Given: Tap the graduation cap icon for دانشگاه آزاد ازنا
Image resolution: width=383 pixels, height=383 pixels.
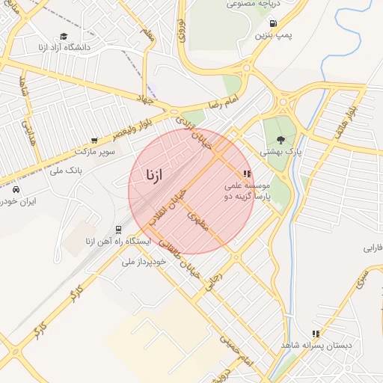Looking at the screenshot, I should [x=64, y=36].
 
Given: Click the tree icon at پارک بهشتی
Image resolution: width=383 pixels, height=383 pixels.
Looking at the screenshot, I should [x=281, y=139].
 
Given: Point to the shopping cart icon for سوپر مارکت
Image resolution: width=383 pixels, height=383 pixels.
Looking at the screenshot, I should [x=94, y=140].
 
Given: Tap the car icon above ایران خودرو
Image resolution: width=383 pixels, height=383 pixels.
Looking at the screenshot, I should [x=16, y=189].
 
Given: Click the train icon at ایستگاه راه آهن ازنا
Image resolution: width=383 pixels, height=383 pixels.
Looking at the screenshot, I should [x=118, y=230].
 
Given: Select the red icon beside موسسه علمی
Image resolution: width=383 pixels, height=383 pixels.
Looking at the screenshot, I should [x=247, y=174].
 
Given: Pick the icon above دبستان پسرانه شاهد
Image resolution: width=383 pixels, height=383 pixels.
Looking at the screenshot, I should [x=316, y=334].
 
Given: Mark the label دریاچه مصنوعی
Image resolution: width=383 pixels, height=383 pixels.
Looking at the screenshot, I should [x=248, y=4].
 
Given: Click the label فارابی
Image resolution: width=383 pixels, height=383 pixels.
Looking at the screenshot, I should [x=373, y=248].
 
